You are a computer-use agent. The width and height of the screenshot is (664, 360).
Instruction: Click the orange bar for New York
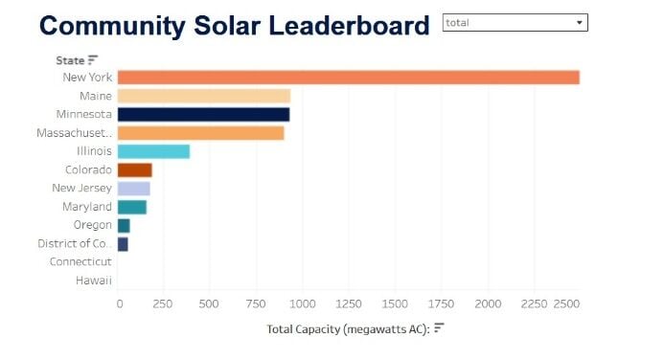348,78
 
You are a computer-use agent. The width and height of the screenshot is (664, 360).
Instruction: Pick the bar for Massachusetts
200,133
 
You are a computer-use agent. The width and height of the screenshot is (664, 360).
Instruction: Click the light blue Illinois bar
153,151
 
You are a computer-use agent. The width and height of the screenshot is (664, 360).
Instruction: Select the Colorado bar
134,170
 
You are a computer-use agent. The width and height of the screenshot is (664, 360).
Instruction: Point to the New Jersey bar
133,189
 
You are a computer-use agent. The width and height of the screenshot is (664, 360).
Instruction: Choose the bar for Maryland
131,207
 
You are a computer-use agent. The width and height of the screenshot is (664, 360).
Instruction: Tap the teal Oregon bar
123,226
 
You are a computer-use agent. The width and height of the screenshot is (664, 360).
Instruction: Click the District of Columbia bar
122,244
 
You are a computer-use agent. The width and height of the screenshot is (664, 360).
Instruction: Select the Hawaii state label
93,281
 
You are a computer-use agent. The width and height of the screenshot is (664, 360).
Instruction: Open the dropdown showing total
515,22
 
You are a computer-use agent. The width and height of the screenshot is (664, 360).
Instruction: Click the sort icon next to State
93,60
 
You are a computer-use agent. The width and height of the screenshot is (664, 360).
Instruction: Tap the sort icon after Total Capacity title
438,328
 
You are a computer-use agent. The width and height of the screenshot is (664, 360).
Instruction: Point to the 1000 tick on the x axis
303,304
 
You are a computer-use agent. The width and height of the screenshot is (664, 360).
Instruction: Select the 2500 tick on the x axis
566,304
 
